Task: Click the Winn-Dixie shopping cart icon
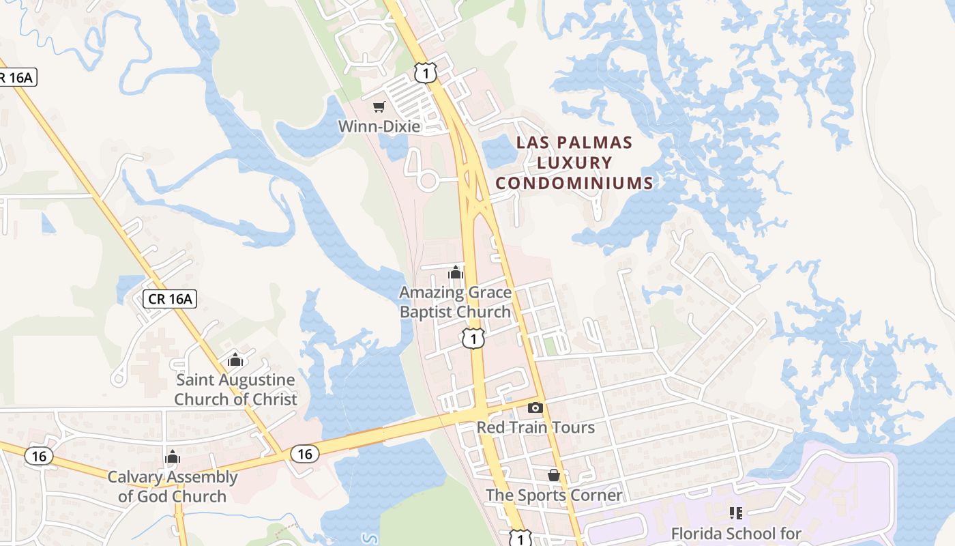(379, 106)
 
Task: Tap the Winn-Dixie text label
(379, 126)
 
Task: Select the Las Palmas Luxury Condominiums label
(574, 162)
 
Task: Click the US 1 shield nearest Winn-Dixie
(425, 72)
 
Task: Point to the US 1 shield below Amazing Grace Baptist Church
(473, 338)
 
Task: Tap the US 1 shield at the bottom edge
(520, 538)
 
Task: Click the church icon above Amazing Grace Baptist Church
(456, 273)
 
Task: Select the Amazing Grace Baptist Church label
(455, 302)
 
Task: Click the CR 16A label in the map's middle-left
(171, 298)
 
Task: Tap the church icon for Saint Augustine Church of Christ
(235, 359)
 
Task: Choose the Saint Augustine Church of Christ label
(236, 390)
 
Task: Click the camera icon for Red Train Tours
(535, 407)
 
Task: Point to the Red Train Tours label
(535, 427)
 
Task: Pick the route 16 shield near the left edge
(39, 456)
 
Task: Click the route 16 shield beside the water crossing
(304, 453)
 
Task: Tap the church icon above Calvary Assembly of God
(172, 457)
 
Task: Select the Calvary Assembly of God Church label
(172, 487)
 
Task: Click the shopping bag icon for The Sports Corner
(554, 475)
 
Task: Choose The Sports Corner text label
(554, 495)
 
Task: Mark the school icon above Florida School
(735, 513)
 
